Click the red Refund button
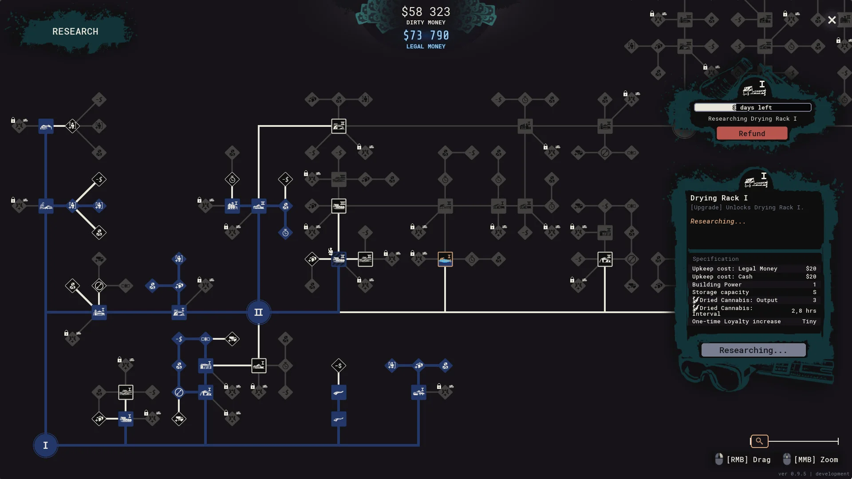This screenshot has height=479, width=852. click(752, 133)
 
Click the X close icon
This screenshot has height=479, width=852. click(832, 20)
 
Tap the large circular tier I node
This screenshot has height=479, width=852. click(45, 445)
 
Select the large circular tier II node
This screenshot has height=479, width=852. click(258, 312)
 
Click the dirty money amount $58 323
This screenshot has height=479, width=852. click(426, 12)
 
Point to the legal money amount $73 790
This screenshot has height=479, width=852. click(426, 35)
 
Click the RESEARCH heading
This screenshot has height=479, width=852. click(75, 31)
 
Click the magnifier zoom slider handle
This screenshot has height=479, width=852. click(759, 441)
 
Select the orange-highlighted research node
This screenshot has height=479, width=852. click(445, 259)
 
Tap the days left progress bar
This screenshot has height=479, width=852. click(753, 107)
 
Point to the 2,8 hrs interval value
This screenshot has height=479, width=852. click(804, 311)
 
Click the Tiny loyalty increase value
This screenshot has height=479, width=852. click(809, 322)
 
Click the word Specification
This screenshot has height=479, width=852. click(715, 259)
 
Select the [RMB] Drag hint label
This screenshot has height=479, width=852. click(748, 459)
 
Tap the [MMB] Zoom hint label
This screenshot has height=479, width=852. click(816, 459)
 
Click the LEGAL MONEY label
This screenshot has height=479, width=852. click(426, 47)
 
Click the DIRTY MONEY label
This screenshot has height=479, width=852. click(426, 23)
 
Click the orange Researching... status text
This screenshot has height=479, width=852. click(718, 221)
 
